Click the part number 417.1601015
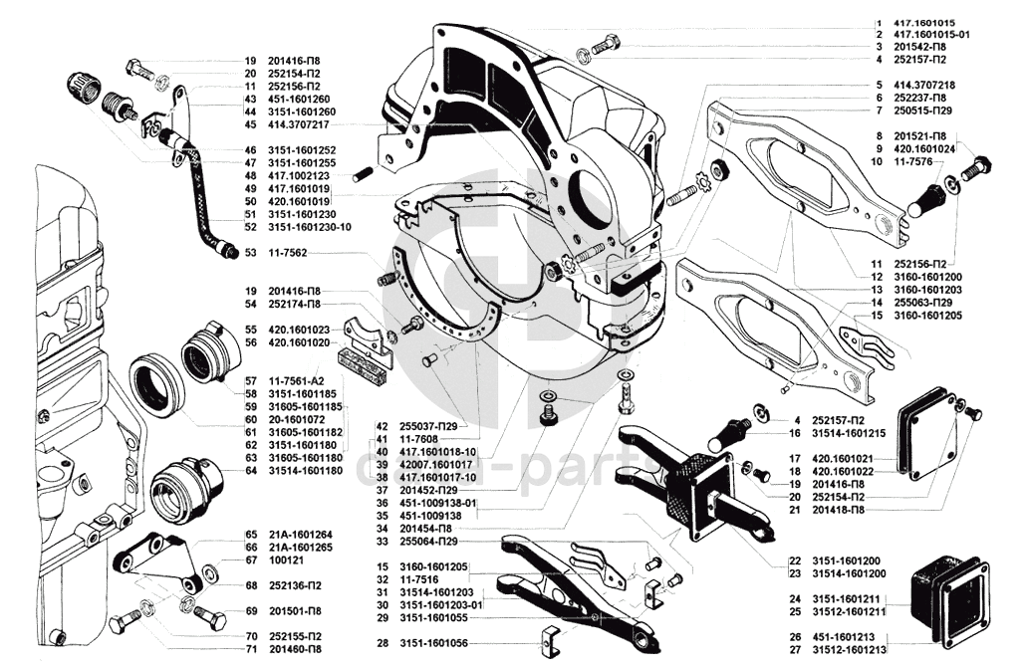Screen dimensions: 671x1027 (x=923, y=22)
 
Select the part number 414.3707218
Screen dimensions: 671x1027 (x=923, y=85)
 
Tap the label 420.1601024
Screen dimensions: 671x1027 (x=924, y=147)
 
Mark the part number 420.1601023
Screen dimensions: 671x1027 (x=302, y=330)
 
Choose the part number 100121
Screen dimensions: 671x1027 (x=285, y=559)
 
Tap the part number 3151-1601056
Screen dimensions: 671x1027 (x=432, y=643)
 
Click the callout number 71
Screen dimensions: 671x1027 (x=251, y=648)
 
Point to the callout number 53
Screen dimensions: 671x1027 (x=251, y=253)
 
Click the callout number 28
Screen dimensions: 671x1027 (x=383, y=643)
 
